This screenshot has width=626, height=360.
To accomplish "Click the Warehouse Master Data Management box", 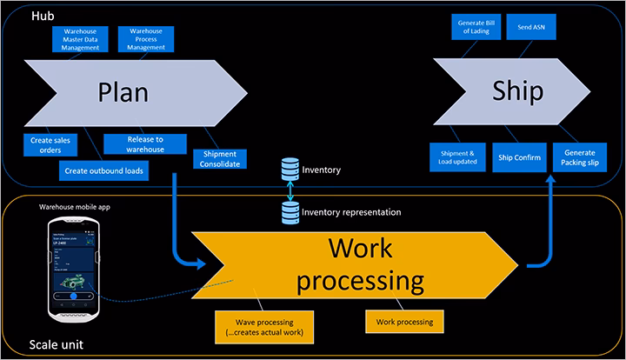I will coord(81,39).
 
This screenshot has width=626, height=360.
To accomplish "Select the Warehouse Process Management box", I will coord(146,39).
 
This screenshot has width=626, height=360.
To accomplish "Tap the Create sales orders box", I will coord(50,143).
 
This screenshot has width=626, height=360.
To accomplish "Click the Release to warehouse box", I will coord(141,143).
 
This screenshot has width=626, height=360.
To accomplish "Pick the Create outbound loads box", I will coord(105,170).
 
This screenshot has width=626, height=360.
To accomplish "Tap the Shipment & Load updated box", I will coord(457,156).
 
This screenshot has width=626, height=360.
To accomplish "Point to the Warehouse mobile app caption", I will coord(74,207).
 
